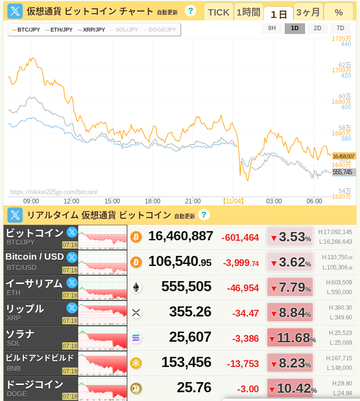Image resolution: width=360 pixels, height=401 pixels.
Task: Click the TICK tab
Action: [x=219, y=12]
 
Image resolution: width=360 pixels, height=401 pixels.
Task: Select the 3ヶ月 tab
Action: [x=308, y=12]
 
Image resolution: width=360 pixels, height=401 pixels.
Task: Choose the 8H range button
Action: [x=272, y=28]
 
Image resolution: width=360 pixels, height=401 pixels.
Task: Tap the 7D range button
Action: [x=340, y=28]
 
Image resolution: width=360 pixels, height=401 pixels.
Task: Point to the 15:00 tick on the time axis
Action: [x=112, y=201]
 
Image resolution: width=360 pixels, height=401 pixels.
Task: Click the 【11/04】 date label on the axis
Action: [x=233, y=201]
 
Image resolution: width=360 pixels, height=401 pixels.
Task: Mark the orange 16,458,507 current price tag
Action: [x=344, y=156]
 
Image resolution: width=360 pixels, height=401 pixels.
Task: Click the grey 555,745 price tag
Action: [x=344, y=172]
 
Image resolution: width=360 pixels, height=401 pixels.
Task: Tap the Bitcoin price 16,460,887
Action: [x=181, y=236]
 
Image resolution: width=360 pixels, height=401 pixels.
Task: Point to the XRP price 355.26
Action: [x=190, y=312]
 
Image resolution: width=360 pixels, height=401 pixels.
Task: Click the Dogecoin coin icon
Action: [x=136, y=388]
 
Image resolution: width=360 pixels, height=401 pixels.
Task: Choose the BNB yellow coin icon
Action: [x=136, y=363]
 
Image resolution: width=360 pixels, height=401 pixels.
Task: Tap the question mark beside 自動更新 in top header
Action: [x=190, y=11]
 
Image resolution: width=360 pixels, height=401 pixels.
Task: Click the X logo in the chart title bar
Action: [x=15, y=11]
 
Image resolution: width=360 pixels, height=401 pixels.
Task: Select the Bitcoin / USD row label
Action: [x=34, y=257]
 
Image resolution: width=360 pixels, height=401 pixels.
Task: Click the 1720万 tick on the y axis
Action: [x=342, y=38]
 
